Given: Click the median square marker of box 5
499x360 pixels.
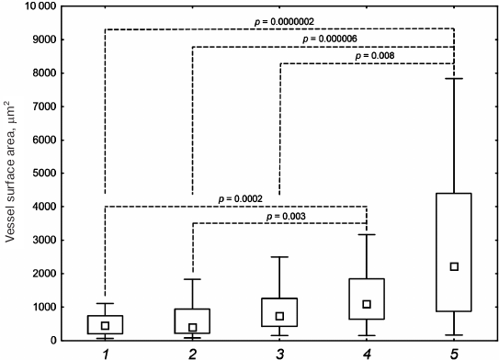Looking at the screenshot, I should pyautogui.click(x=454, y=266).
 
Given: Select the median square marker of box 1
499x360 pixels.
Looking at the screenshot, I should pyautogui.click(x=106, y=325).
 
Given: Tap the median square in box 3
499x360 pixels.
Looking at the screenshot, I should pyautogui.click(x=280, y=316).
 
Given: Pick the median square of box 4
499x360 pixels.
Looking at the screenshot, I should pyautogui.click(x=367, y=304).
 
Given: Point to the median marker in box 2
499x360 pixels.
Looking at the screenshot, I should pyautogui.click(x=193, y=327).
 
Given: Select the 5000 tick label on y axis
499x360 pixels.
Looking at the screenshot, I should pyautogui.click(x=40, y=174).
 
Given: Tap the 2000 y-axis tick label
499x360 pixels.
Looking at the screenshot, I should pyautogui.click(x=40, y=274).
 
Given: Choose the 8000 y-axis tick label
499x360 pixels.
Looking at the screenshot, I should pyautogui.click(x=40, y=73).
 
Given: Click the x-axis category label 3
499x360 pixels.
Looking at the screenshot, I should pyautogui.click(x=280, y=353).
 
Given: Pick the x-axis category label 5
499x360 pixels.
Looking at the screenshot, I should pyautogui.click(x=454, y=353).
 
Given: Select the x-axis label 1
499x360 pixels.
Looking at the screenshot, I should pyautogui.click(x=106, y=353).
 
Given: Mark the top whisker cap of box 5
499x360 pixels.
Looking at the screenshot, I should pyautogui.click(x=454, y=79).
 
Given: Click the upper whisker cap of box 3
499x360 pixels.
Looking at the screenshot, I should pyautogui.click(x=280, y=257).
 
